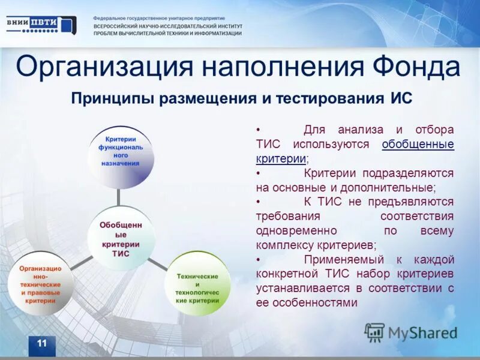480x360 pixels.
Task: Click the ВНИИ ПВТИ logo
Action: click(41, 25)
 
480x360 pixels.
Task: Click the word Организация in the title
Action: click(104, 67)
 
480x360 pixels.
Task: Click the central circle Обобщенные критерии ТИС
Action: click(119, 239)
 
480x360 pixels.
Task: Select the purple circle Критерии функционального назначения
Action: click(121, 155)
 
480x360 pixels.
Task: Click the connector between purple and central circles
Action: click(119, 196)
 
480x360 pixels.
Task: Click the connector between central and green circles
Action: click(158, 262)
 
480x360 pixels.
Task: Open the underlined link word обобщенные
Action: click(418, 145)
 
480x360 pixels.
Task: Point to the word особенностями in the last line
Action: click(323, 302)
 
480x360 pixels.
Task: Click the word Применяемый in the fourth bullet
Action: click(338, 259)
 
